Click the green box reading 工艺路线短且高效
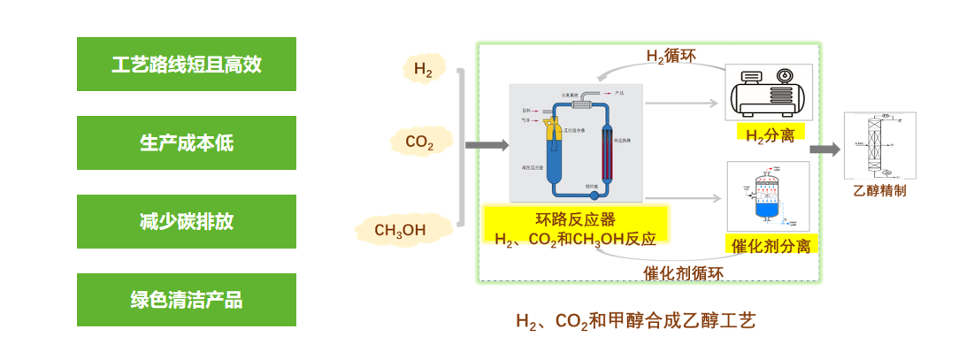pyautogui.click(x=187, y=64)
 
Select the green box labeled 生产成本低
pyautogui.click(x=187, y=142)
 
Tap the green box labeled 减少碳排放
pyautogui.click(x=187, y=221)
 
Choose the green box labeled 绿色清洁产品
pyautogui.click(x=187, y=300)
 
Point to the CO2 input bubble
pyautogui.click(x=419, y=142)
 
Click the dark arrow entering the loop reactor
pyautogui.click(x=487, y=145)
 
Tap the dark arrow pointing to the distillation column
pyautogui.click(x=824, y=149)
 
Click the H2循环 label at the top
pyautogui.click(x=671, y=57)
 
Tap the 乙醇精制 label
pyautogui.click(x=879, y=190)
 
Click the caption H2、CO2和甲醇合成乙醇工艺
pyautogui.click(x=635, y=320)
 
